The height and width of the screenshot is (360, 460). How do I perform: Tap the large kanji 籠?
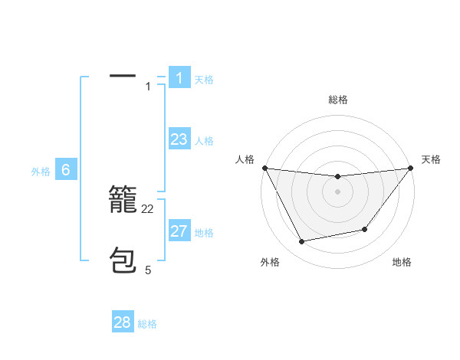123,201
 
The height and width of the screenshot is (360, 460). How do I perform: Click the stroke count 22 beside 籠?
148,209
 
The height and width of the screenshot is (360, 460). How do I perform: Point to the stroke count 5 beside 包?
148,270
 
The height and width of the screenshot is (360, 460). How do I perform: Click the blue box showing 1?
179,78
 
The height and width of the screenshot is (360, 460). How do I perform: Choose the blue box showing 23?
179,139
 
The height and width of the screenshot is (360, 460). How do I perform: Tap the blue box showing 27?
179,231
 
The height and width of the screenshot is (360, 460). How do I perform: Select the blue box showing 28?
123,322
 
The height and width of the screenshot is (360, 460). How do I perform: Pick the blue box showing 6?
66,170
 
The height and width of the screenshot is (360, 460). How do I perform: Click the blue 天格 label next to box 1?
204,80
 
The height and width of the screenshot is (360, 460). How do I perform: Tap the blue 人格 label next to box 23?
204,141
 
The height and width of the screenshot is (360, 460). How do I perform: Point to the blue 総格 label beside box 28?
147,324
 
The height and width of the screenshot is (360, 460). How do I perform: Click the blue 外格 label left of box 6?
41,172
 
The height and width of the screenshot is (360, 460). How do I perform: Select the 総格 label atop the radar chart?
337,100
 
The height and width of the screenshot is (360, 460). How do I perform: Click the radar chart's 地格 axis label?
402,262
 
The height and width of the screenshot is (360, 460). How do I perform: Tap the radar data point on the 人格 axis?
264,168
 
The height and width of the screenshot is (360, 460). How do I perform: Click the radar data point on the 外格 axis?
301,242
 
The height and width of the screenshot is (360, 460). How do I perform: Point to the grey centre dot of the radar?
337,191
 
